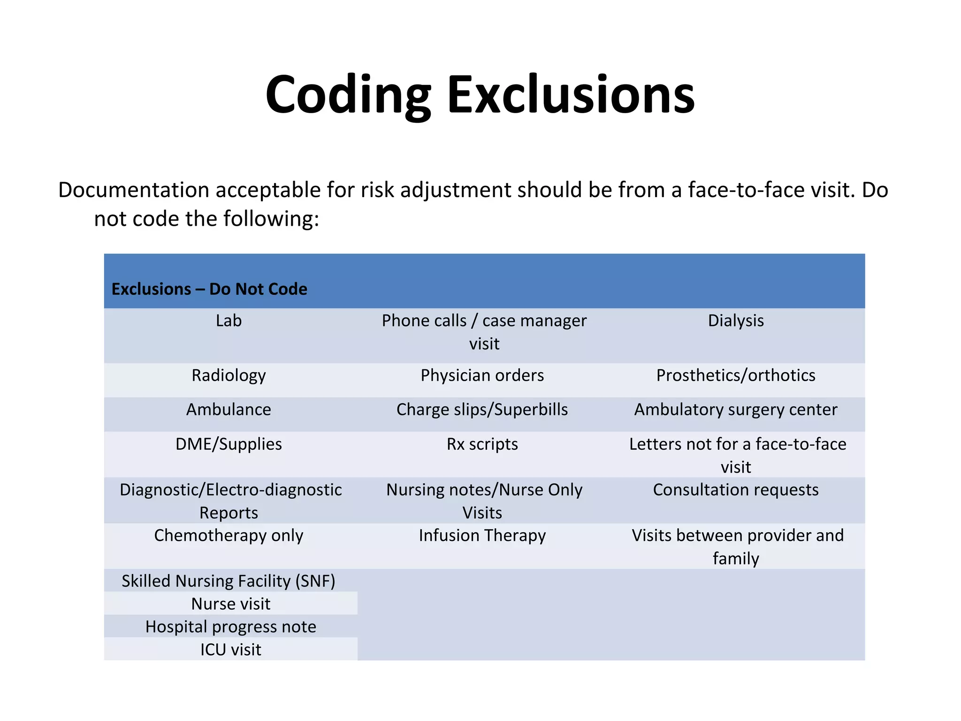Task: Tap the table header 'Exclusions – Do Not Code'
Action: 209,289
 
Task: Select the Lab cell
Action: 229,321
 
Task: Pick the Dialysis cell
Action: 735,321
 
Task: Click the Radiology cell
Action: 229,376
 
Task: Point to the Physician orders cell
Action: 482,376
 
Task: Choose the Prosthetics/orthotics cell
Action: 735,376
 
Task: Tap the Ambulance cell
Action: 229,410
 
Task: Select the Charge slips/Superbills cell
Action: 482,410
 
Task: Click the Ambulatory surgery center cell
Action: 735,410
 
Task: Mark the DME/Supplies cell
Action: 229,444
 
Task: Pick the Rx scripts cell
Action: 482,444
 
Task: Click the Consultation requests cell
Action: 735,490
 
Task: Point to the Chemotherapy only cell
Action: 229,536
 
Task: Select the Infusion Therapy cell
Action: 482,536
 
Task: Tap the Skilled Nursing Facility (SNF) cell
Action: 229,581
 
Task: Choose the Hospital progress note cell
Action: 230,627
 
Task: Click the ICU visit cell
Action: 230,650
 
